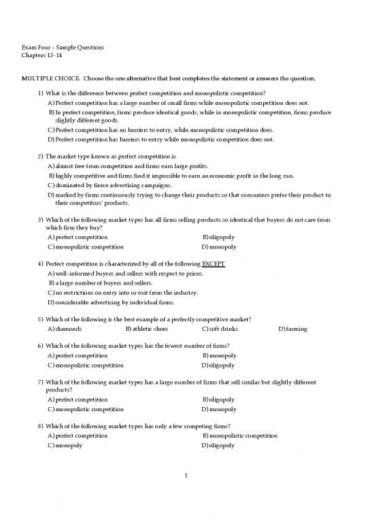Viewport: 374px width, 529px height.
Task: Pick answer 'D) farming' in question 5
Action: (293, 329)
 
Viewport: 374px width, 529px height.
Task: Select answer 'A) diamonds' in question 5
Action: (65, 329)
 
